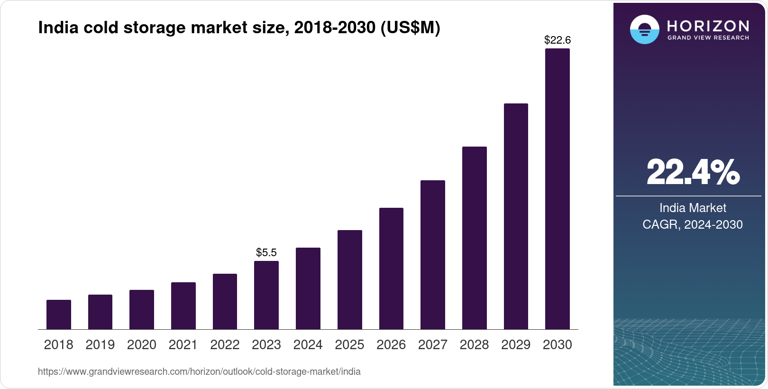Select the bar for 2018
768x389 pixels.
pos(59,315)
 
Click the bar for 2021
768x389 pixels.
pos(183,306)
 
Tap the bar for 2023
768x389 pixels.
pos(266,295)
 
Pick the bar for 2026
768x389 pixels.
pos(391,269)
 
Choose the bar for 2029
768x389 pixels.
pos(516,216)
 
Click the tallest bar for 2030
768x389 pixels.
pos(558,189)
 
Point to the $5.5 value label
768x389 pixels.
pos(266,252)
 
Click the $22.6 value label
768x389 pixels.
pos(558,40)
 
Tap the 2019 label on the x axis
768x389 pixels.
pos(100,345)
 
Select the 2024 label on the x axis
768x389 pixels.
pos(308,345)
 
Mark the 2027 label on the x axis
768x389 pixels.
pos(433,345)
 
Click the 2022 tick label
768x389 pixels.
pos(225,345)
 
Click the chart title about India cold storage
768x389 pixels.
pos(239,28)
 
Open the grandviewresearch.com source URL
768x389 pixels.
pos(199,372)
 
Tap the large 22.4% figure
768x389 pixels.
pos(693,172)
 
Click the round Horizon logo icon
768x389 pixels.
pos(644,29)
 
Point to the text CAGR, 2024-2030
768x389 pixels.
pos(693,224)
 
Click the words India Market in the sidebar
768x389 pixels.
pos(693,208)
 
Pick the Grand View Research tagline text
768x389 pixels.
pos(708,38)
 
